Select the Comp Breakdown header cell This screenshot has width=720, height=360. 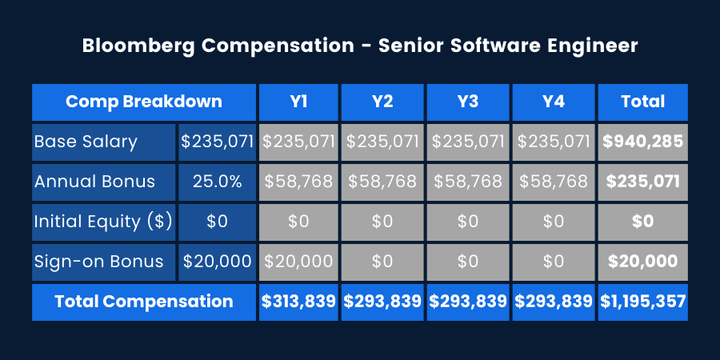pos(144,102)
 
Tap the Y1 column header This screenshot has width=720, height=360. pos(298,102)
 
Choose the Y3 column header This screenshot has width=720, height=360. pos(468,102)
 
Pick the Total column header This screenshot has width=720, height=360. pos(642,102)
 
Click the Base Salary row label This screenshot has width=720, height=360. pos(86,142)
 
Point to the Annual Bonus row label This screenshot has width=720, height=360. pos(94,181)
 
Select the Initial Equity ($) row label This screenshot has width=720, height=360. pos(103,222)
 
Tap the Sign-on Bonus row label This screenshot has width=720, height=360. pos(98,261)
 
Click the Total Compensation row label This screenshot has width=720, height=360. pos(144,302)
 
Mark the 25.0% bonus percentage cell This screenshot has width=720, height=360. pos(217,181)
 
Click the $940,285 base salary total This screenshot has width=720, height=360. pos(642,142)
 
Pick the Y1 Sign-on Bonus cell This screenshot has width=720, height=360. pos(298,261)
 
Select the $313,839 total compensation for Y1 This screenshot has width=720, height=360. pos(298,302)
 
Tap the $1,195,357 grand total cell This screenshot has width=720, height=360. pos(642,302)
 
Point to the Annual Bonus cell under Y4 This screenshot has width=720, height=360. pos(553,181)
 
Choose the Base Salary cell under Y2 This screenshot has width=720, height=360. pos(383,142)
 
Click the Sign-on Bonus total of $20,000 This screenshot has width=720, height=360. pos(642,261)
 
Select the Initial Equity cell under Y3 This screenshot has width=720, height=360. pos(468,222)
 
